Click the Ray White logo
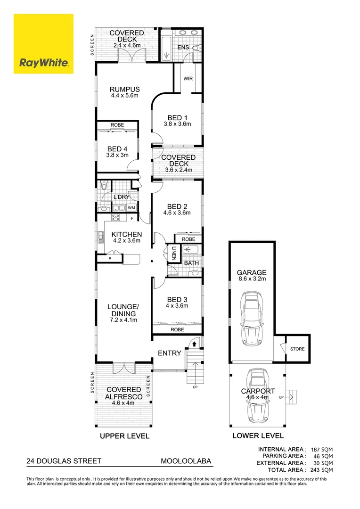coord(43,44)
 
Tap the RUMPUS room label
coord(125,89)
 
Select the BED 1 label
coord(177,118)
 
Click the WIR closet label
coord(188,79)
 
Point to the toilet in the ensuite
coord(196,49)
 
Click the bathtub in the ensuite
coord(166,46)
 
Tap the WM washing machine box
coord(131,208)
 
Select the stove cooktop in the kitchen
coord(115,217)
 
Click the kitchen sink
coord(101,237)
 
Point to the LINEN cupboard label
coord(174,253)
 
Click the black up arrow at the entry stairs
coord(194,344)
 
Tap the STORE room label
coord(297,349)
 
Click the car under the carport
coord(258,395)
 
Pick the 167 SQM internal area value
coord(322,450)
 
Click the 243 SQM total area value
coord(322,470)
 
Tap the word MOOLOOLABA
coord(186,461)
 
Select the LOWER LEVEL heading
coord(258,436)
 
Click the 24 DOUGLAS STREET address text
coord(64,461)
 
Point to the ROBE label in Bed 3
coord(177,329)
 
